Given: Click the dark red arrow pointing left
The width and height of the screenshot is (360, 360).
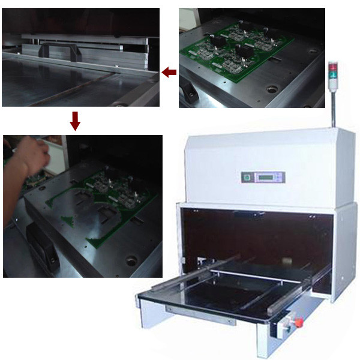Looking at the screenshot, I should (x=169, y=73).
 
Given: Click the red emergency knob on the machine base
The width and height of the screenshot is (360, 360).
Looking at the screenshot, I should (x=295, y=324).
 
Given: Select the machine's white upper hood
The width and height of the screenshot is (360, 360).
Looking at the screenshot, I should (x=264, y=162).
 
